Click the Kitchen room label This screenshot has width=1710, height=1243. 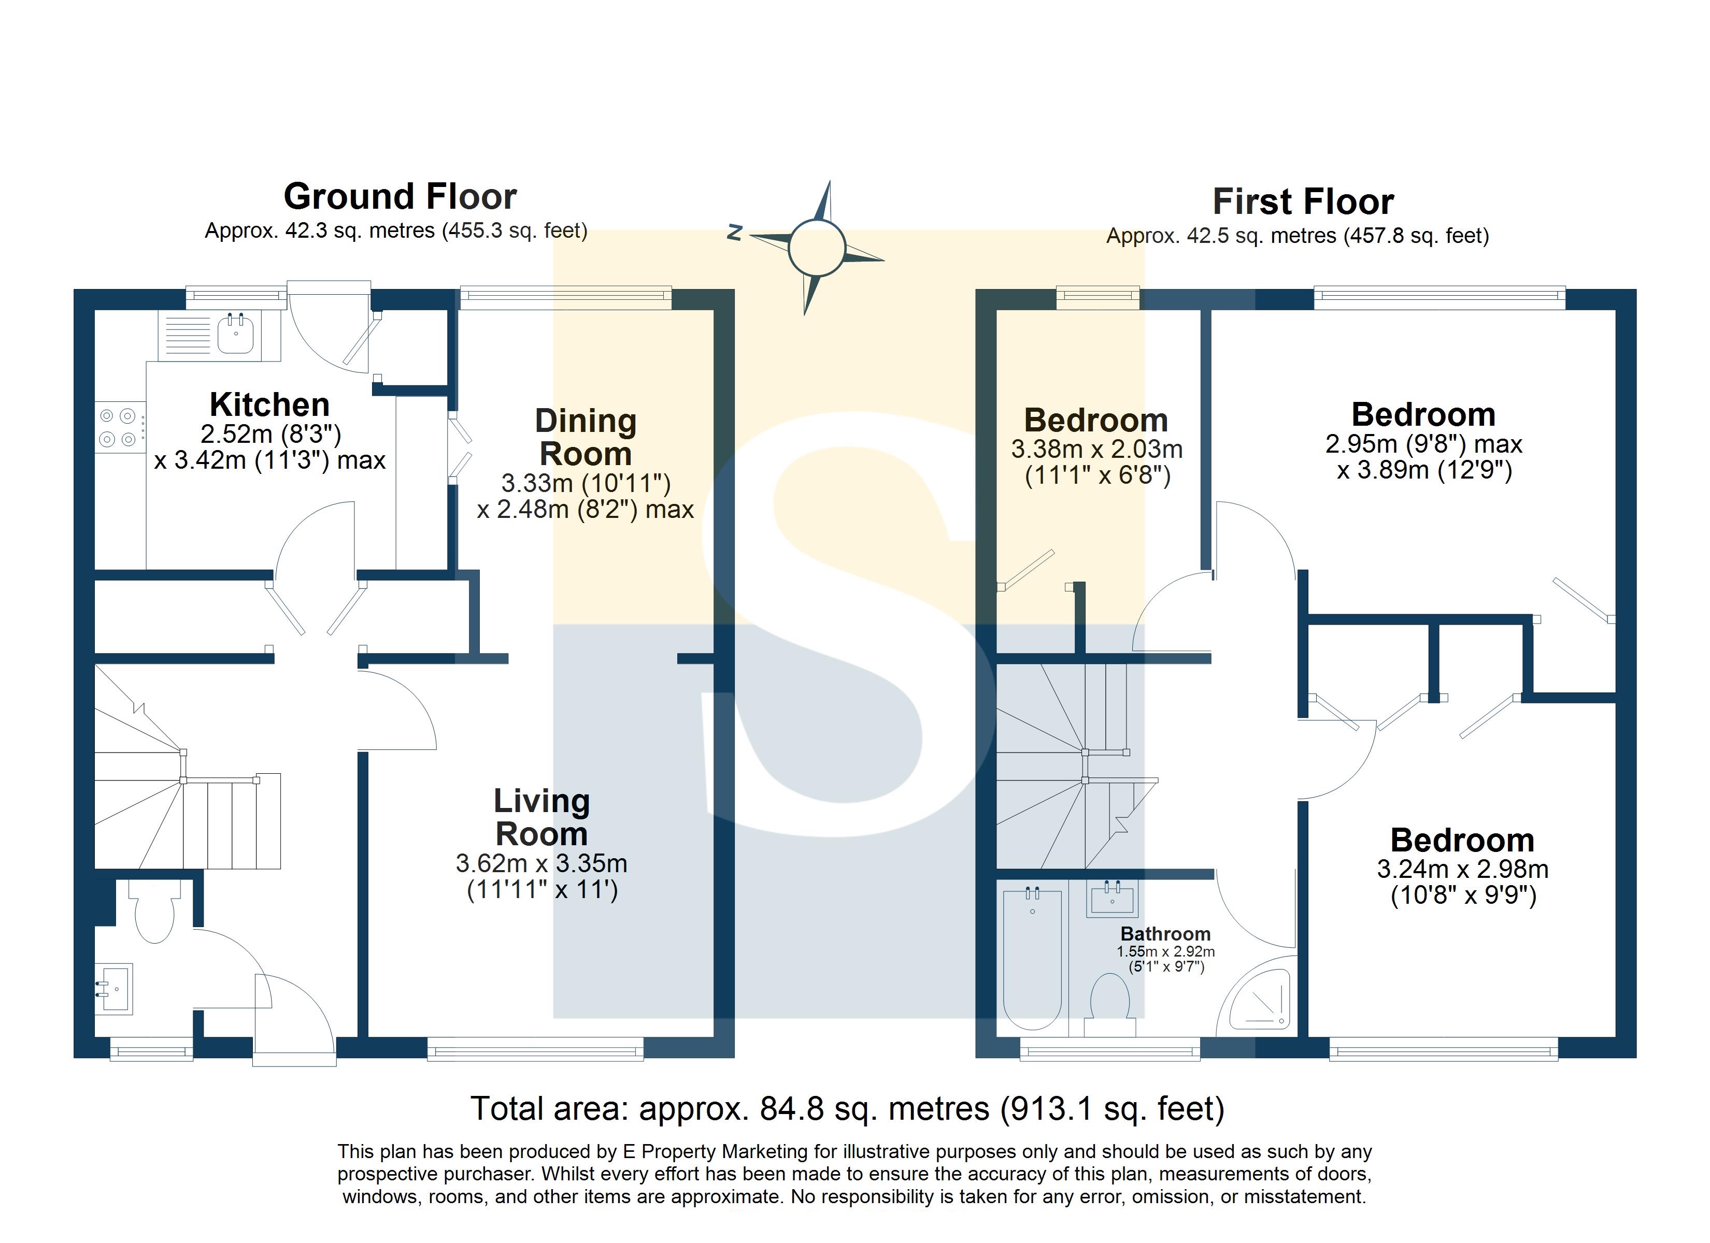click(270, 405)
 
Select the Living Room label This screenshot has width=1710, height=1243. click(541, 817)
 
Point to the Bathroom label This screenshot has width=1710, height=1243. click(1165, 934)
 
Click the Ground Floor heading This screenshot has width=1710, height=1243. click(401, 197)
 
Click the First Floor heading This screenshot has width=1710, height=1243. click(1303, 202)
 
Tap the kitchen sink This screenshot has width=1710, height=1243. click(235, 334)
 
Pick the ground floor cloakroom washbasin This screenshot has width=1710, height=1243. click(113, 988)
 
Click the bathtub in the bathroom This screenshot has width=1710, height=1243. click(1032, 957)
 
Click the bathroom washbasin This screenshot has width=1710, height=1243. click(1112, 899)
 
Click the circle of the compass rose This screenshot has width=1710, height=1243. click(816, 247)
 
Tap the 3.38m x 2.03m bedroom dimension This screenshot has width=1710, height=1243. click(1097, 449)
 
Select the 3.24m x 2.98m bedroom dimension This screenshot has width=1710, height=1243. click(1463, 869)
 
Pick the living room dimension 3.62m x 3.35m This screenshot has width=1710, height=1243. click(541, 863)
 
